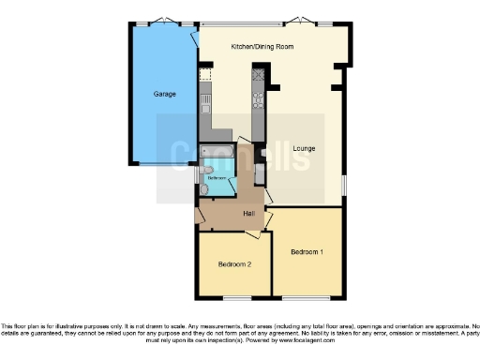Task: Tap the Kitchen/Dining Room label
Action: click(x=262, y=46)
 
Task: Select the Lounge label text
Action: click(x=303, y=148)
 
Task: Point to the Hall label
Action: click(x=248, y=214)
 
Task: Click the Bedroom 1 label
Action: click(x=307, y=252)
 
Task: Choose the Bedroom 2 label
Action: click(x=234, y=264)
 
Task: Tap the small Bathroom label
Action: click(x=217, y=177)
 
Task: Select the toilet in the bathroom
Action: click(x=204, y=189)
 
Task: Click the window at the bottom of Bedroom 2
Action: click(x=233, y=296)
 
